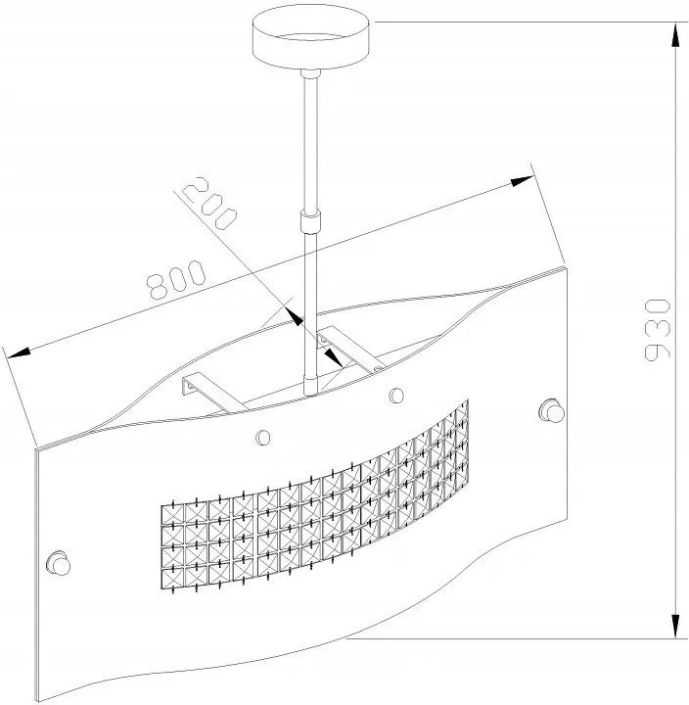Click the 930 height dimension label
point(657,330)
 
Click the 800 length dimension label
point(176,279)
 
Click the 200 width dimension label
point(209,204)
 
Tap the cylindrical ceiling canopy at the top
point(311,36)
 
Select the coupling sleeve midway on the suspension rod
point(311,221)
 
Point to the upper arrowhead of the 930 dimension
point(675,34)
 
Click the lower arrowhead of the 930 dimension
point(675,626)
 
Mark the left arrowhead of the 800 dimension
point(19,352)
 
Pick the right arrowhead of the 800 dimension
point(522,181)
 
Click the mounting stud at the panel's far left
point(59,562)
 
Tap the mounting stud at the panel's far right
point(551,410)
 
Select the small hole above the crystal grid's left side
point(263,437)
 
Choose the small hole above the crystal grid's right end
point(396,396)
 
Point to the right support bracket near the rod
point(351,350)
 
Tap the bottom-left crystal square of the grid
point(172,579)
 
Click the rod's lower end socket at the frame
point(311,385)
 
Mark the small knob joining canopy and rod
point(311,73)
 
